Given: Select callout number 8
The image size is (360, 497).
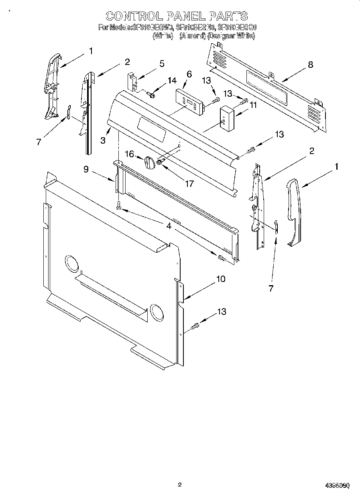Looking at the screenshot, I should coord(310,65).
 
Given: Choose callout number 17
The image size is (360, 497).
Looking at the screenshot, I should coord(189,183).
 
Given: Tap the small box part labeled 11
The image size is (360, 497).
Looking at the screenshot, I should coord(227,118).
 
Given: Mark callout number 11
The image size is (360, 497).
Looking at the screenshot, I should coord(253,105).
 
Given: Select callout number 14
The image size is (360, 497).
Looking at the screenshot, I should coord(172,80).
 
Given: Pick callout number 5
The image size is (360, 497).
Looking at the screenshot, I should coord(162,63).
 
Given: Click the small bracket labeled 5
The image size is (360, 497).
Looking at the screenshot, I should coord(132,81).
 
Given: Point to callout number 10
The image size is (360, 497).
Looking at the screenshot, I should coord(221,279).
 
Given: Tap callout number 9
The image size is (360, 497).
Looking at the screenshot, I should coord(86,169).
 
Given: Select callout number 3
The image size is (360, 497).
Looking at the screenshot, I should coord(103,140).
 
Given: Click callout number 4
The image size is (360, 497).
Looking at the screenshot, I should coord(169,226).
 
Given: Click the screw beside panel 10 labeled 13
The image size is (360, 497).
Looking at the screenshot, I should coord(195,326).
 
